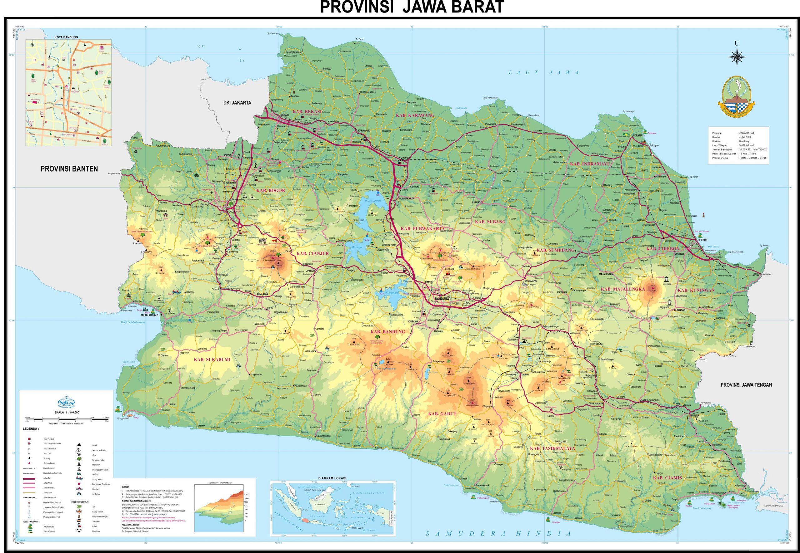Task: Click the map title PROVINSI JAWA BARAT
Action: (x=412, y=7)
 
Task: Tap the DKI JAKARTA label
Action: (x=237, y=103)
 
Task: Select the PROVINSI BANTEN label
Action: (x=69, y=169)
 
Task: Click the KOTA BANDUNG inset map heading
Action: (x=66, y=37)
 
